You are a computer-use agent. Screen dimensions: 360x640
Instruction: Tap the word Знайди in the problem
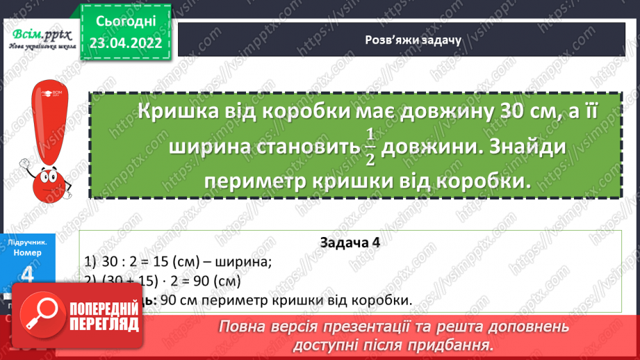(531, 147)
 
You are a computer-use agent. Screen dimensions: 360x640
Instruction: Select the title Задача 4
(350, 243)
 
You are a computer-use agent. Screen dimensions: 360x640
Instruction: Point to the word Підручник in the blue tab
(28, 243)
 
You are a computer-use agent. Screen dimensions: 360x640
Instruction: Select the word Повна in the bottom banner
(243, 326)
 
